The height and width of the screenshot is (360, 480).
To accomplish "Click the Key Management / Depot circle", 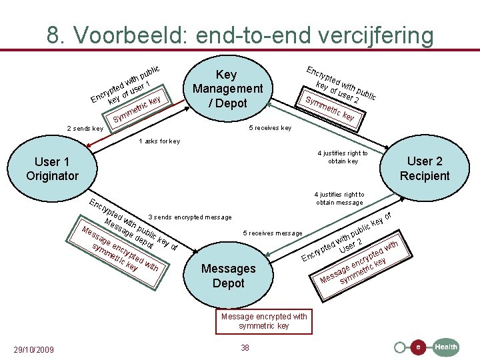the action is click(x=228, y=89).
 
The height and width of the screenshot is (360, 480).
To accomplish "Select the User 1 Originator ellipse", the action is click(x=52, y=169).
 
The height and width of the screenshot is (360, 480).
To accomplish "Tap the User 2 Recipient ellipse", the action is click(x=425, y=168).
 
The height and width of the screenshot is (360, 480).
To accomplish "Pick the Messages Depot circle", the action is click(x=228, y=275).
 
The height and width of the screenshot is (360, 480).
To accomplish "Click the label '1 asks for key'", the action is click(x=159, y=141).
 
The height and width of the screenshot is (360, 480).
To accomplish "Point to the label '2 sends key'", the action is click(x=85, y=129).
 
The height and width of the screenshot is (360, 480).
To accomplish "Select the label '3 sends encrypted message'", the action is click(x=190, y=217).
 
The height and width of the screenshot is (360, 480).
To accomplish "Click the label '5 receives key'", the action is click(x=270, y=128).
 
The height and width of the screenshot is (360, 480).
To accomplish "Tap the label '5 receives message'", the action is click(x=273, y=233).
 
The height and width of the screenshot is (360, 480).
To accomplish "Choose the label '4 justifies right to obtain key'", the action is click(x=343, y=157).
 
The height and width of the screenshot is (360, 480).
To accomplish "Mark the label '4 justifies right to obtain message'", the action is click(x=340, y=198).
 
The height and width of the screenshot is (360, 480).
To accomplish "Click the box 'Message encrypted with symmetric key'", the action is click(x=264, y=321).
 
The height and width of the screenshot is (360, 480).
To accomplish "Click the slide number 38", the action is click(x=245, y=347).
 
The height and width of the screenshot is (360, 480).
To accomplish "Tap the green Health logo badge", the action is click(x=446, y=347).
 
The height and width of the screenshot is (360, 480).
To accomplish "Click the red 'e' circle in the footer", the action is click(x=418, y=347).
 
